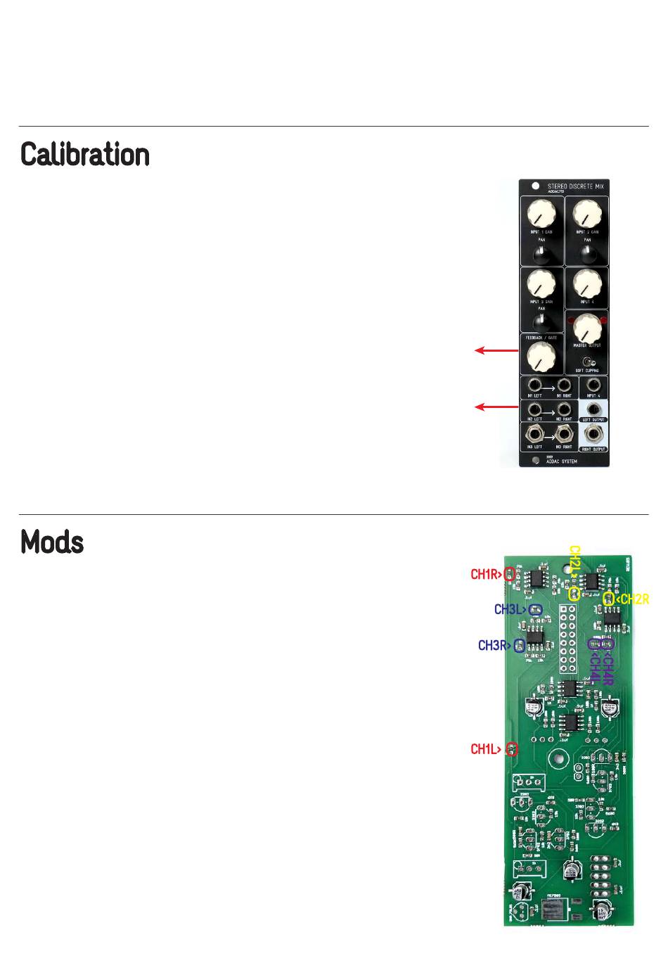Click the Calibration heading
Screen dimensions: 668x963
coord(85,155)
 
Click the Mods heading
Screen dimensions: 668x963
coord(52,542)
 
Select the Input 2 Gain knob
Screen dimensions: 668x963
coord(586,213)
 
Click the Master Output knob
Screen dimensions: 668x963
coord(587,327)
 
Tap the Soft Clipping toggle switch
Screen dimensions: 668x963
coord(587,361)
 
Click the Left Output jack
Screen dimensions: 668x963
coord(594,410)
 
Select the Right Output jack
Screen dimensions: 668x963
coord(594,435)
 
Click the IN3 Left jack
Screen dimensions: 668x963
coord(534,435)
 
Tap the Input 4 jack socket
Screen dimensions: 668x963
coord(594,385)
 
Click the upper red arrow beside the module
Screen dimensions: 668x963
coord(496,350)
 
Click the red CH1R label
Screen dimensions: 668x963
coord(486,575)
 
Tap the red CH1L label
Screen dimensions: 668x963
coord(486,750)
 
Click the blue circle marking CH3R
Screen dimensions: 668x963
coord(520,646)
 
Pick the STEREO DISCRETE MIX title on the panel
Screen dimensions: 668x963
coord(575,186)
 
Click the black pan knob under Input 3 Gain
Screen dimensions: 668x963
coord(541,321)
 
